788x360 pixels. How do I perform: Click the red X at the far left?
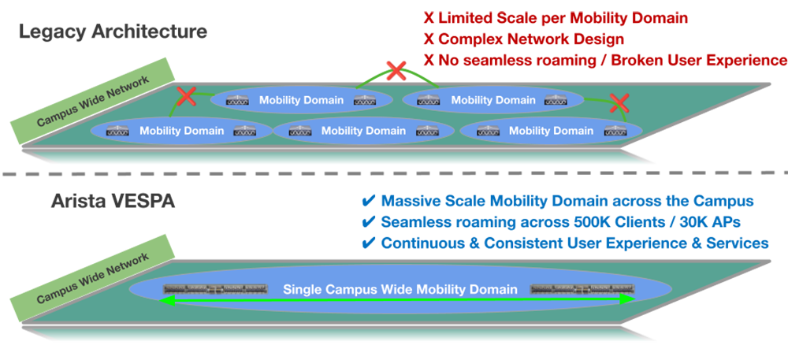pyautogui.click(x=187, y=97)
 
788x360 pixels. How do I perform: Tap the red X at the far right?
pyautogui.click(x=620, y=102)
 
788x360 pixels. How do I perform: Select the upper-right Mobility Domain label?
pyautogui.click(x=493, y=100)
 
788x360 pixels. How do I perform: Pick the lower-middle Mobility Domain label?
pyautogui.click(x=364, y=130)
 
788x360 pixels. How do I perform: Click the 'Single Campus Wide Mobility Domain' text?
pyautogui.click(x=400, y=289)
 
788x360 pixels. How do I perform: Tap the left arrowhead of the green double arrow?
pyautogui.click(x=167, y=299)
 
